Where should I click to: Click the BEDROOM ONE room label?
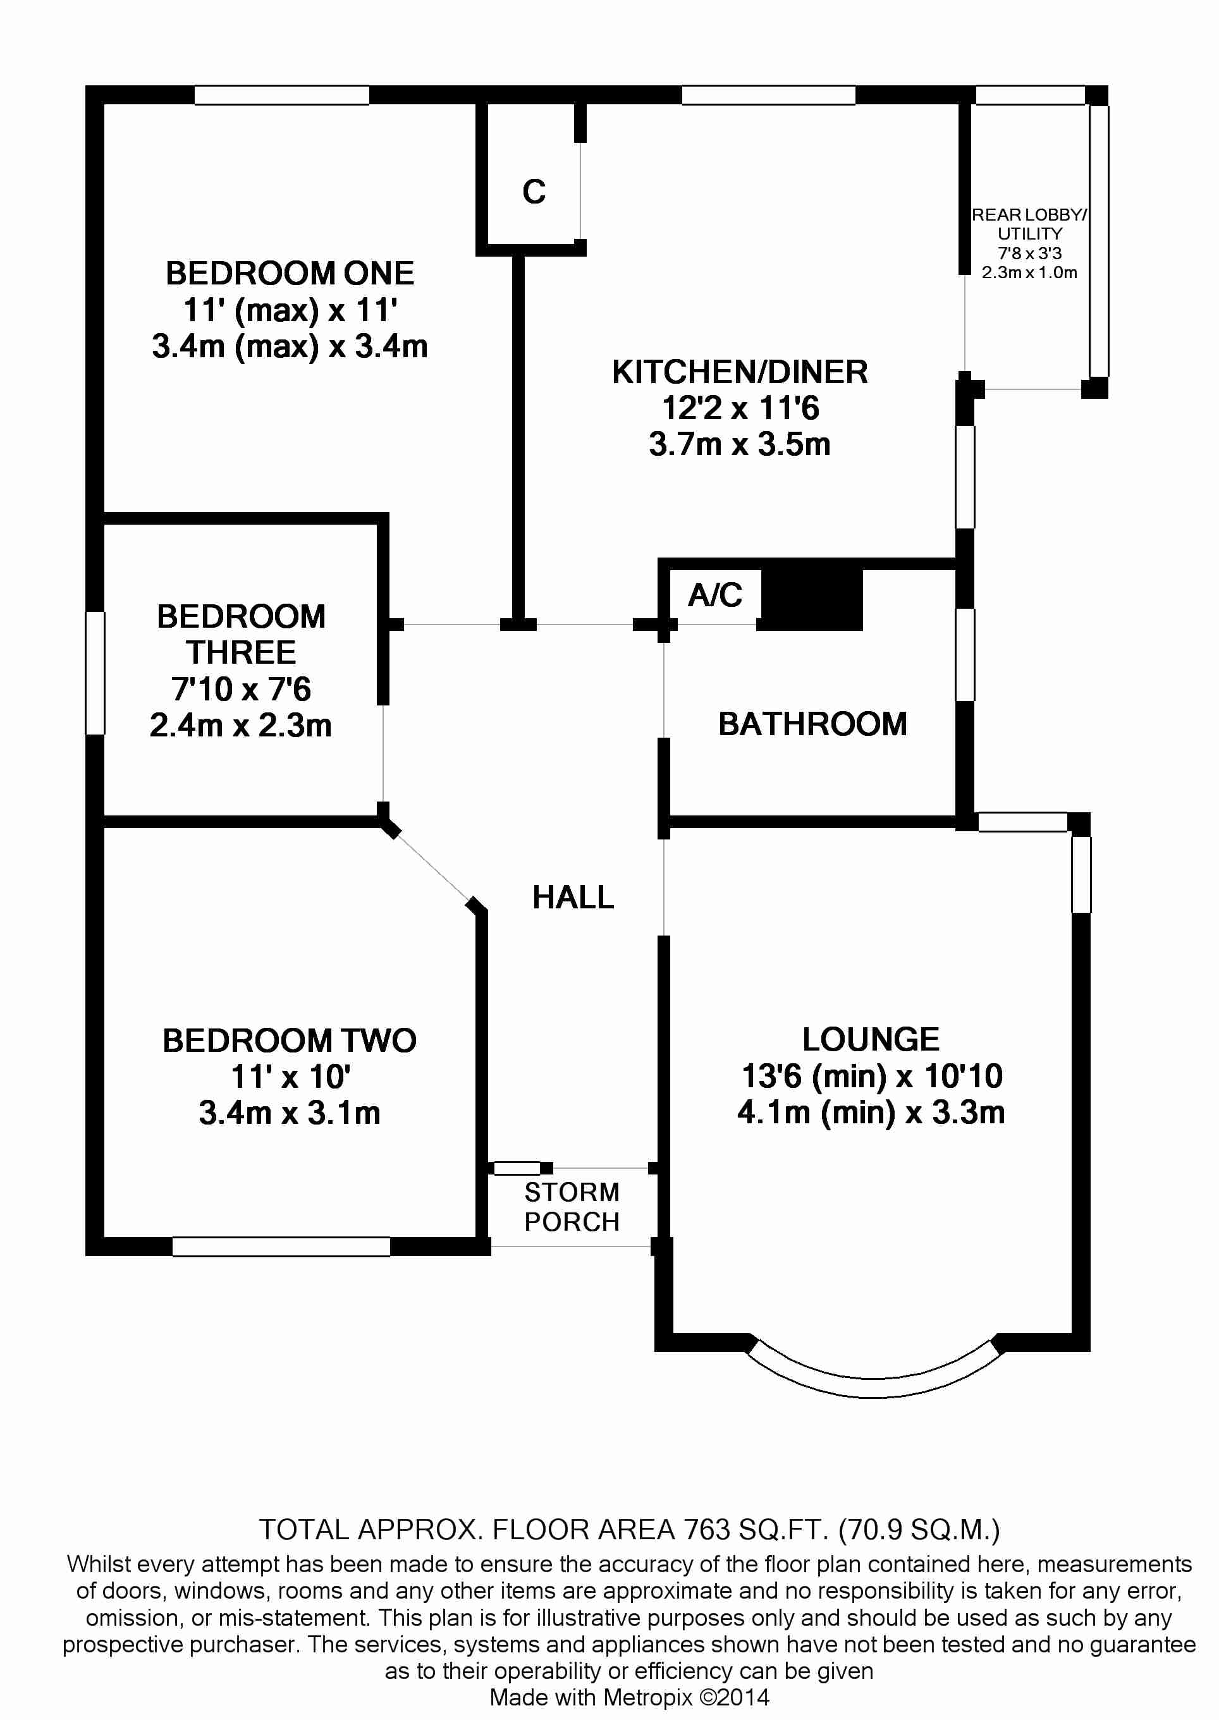pos(290,274)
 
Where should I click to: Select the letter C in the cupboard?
pos(534,192)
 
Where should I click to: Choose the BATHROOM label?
pos(812,724)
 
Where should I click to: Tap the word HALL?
pos(573,898)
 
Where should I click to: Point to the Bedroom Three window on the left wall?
pos(95,673)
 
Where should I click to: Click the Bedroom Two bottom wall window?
pos(281,1247)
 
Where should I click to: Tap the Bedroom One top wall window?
pos(281,95)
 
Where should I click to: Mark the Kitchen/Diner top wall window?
pos(768,95)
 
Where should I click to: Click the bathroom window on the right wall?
pos(965,654)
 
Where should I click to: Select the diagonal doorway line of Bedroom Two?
pos(432,866)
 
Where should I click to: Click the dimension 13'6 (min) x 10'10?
pos(871,1076)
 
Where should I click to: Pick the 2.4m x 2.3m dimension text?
pos(240,725)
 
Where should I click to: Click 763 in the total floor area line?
pos(706,1528)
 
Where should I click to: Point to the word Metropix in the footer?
pos(648,1697)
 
